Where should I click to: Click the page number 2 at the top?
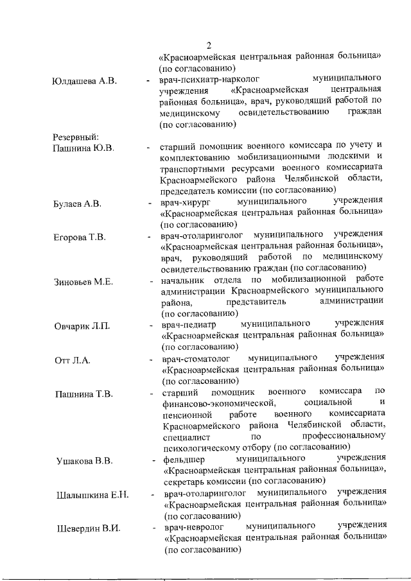[x=209, y=45]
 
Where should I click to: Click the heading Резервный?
[x=76, y=137]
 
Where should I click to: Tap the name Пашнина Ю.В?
[x=83, y=148]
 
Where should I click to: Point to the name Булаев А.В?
[x=77, y=205]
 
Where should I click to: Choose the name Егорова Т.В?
[x=80, y=238]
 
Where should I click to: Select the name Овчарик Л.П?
[x=82, y=326]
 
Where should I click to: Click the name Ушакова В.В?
[x=84, y=462]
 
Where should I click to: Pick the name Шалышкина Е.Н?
[x=92, y=495]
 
